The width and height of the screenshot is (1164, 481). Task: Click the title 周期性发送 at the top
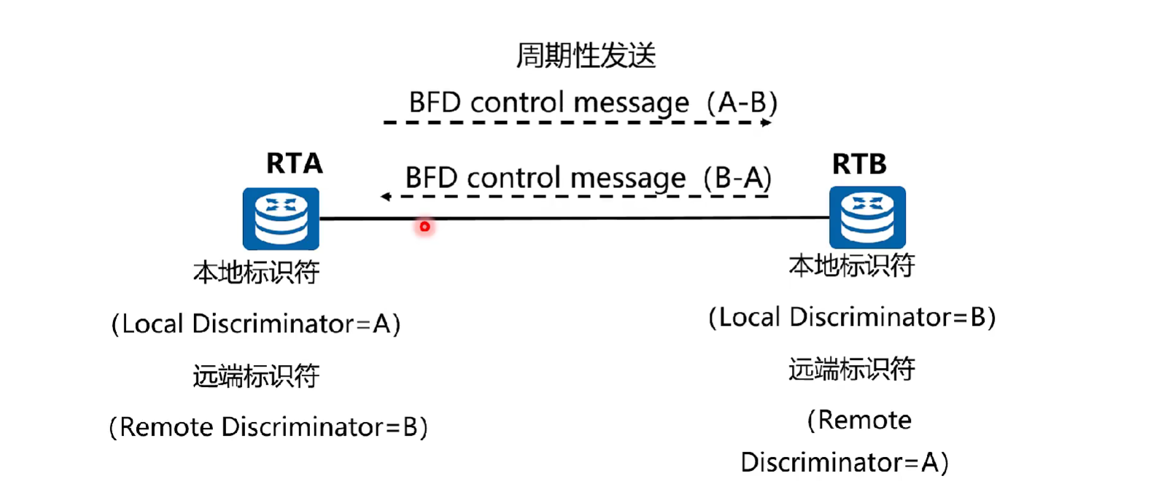[x=586, y=55]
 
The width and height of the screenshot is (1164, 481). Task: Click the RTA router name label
[x=294, y=163]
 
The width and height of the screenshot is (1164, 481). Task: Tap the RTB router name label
[x=859, y=164]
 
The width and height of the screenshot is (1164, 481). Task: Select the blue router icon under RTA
[x=281, y=219]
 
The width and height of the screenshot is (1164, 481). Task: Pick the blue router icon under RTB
[x=867, y=217]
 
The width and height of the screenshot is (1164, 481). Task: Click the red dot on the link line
[x=424, y=227]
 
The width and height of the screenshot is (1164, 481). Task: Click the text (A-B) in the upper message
[x=742, y=103]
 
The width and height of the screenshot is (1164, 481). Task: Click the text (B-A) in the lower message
[x=737, y=178]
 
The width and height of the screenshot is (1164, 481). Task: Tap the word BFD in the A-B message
[x=436, y=103]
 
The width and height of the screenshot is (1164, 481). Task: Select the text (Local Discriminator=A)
[x=256, y=324]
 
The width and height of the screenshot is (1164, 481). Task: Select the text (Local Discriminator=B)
[x=852, y=317]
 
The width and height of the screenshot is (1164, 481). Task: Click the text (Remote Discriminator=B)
[x=268, y=426]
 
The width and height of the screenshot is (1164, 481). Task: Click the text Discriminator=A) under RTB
[x=845, y=462]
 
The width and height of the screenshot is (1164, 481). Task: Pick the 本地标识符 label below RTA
[x=256, y=273]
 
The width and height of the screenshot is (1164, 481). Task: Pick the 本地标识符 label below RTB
[x=852, y=266]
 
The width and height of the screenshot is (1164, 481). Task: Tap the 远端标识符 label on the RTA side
[x=256, y=376]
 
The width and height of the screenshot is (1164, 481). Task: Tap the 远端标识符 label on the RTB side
[x=852, y=369]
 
